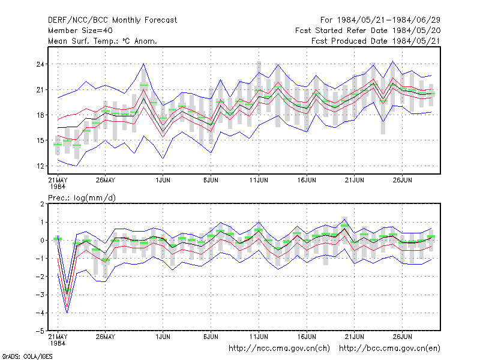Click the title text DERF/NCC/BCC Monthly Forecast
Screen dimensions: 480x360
click(x=112, y=20)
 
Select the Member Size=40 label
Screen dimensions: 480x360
click(x=80, y=31)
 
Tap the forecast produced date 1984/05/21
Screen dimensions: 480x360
click(x=416, y=41)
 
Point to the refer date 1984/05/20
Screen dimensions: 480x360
click(x=416, y=31)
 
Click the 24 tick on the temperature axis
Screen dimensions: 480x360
click(x=40, y=64)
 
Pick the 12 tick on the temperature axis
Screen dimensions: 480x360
click(x=40, y=166)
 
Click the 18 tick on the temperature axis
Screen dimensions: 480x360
click(x=40, y=115)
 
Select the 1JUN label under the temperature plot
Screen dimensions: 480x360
click(x=163, y=180)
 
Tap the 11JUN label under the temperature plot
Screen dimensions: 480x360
click(x=259, y=180)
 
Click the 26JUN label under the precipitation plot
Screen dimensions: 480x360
click(x=402, y=337)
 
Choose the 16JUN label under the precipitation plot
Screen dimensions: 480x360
click(x=307, y=337)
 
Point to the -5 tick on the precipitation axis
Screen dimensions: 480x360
click(x=40, y=331)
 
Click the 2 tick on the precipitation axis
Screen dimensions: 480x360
click(x=42, y=204)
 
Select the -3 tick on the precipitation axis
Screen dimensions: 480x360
click(x=40, y=295)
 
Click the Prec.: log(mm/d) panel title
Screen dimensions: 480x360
click(x=82, y=198)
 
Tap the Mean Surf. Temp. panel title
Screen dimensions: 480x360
click(x=103, y=41)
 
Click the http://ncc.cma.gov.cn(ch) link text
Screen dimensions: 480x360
click(x=279, y=349)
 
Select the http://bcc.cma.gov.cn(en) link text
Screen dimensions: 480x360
click(x=389, y=349)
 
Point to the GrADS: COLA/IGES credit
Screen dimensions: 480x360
click(x=27, y=356)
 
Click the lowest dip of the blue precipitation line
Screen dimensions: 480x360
click(x=67, y=313)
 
